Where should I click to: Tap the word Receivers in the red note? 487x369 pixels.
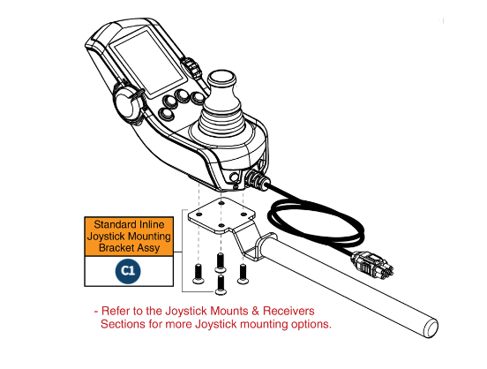coord(284,312)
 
